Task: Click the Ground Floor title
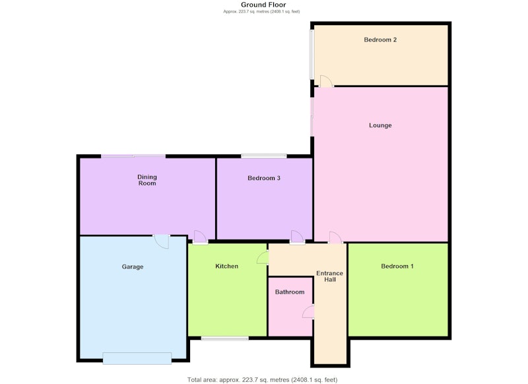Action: pyautogui.click(x=263, y=5)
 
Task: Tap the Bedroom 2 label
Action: pyautogui.click(x=380, y=40)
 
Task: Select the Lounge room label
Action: pyautogui.click(x=380, y=125)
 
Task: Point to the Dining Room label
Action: pyautogui.click(x=147, y=180)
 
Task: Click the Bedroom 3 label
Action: pyautogui.click(x=264, y=178)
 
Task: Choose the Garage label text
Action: pyautogui.click(x=133, y=267)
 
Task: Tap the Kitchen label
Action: pyautogui.click(x=226, y=266)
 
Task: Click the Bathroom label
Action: pyautogui.click(x=290, y=292)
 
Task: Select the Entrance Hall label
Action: pyautogui.click(x=329, y=276)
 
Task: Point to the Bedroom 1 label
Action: pyautogui.click(x=397, y=266)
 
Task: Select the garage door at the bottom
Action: pyautogui.click(x=137, y=358)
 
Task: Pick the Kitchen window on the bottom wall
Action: pyautogui.click(x=225, y=338)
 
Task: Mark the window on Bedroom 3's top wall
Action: pyautogui.click(x=264, y=156)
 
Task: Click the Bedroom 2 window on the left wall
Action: pyautogui.click(x=312, y=55)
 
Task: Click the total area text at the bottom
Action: pyautogui.click(x=262, y=380)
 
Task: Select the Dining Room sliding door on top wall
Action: pyautogui.click(x=133, y=156)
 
